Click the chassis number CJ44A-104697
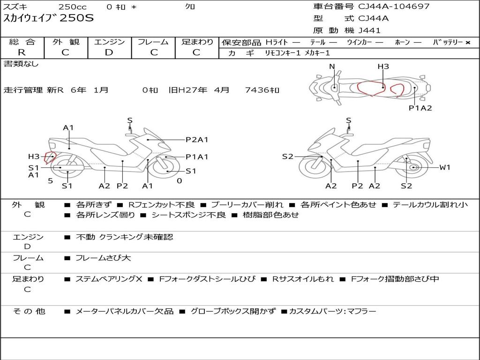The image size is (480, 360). pyautogui.click(x=394, y=7)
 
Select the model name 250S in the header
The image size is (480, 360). pyautogui.click(x=76, y=18)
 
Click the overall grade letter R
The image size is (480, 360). pyautogui.click(x=22, y=52)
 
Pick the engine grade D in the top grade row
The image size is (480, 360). pyautogui.click(x=109, y=52)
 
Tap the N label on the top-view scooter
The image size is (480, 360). pyautogui.click(x=332, y=67)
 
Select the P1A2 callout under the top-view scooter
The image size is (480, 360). pyautogui.click(x=420, y=108)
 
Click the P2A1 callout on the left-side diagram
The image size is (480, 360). pyautogui.click(x=197, y=140)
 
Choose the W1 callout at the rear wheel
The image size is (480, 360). pyautogui.click(x=445, y=167)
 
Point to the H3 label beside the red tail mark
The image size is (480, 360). pyautogui.click(x=34, y=157)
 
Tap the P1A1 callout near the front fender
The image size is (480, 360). pyautogui.click(x=197, y=157)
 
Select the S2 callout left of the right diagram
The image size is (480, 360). pyautogui.click(x=287, y=157)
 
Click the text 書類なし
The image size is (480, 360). pyautogui.click(x=21, y=64)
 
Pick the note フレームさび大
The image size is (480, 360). pyautogui.click(x=103, y=258)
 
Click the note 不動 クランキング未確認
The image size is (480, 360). pyautogui.click(x=124, y=237)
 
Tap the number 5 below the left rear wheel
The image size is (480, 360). pyautogui.click(x=51, y=181)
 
